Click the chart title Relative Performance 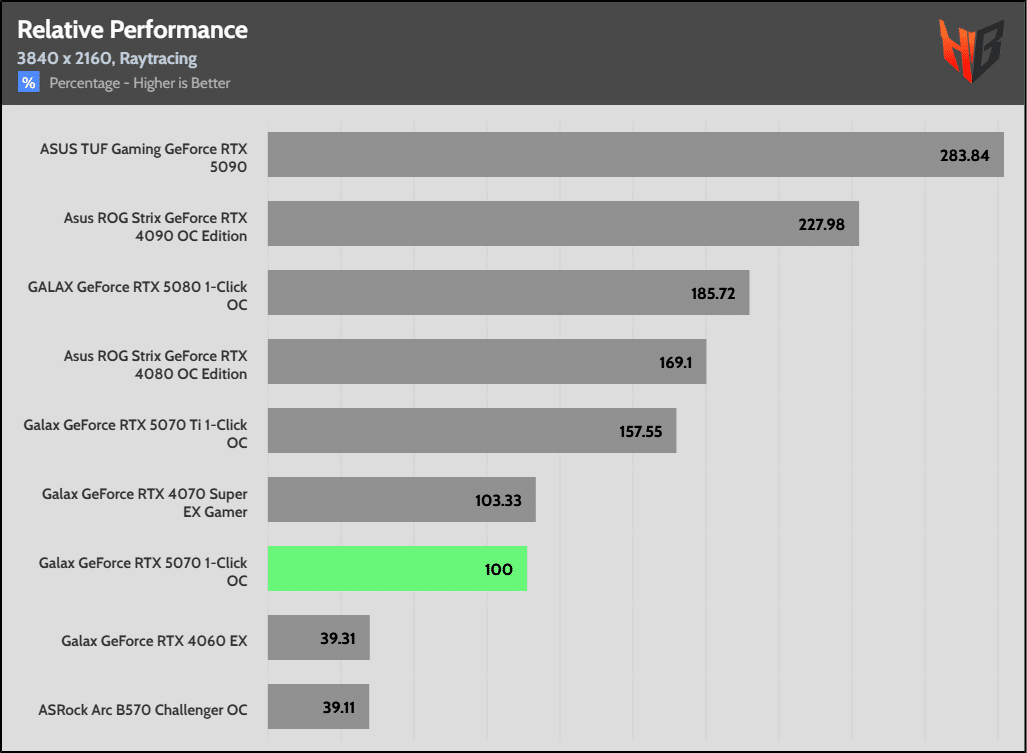(x=132, y=30)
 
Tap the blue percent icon (x=28, y=83)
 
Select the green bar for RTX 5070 (x=397, y=568)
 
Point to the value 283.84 (x=964, y=156)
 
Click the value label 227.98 (x=821, y=225)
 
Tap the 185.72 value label (x=711, y=294)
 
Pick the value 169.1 (x=675, y=362)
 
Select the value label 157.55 (x=642, y=431)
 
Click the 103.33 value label (x=498, y=500)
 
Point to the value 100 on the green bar (x=498, y=569)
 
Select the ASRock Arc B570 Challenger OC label (x=142, y=710)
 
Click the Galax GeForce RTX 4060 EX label (x=153, y=641)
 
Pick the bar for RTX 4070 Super (x=401, y=499)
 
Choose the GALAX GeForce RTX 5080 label (x=137, y=295)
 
